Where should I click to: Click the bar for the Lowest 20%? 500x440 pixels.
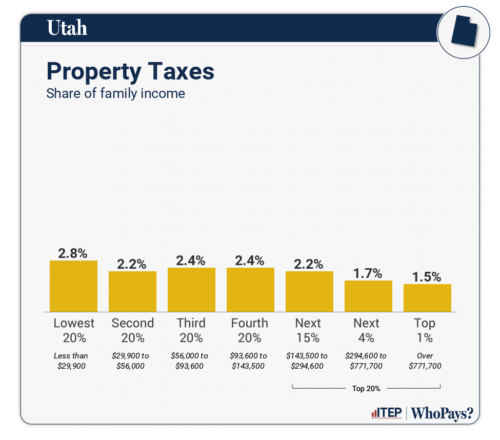[73, 286]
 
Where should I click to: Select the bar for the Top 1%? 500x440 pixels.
[427, 298]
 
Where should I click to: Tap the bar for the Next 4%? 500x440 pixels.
[368, 296]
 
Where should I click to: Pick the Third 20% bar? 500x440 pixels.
[191, 290]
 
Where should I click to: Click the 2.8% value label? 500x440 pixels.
[73, 253]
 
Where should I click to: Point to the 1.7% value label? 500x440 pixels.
[368, 273]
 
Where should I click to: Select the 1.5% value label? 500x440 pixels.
[427, 277]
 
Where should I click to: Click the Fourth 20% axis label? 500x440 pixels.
[250, 330]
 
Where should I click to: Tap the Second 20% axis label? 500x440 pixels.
[132, 330]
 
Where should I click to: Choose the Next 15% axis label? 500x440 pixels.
[308, 330]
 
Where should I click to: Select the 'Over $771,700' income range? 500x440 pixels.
[425, 361]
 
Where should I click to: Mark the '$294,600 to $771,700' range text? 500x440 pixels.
[366, 361]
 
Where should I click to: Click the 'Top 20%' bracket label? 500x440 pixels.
[366, 388]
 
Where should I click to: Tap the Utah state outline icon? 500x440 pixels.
[464, 32]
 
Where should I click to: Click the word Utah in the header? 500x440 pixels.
[67, 28]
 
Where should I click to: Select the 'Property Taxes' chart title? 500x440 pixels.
[130, 72]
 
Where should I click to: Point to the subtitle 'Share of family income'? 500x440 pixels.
[115, 94]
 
